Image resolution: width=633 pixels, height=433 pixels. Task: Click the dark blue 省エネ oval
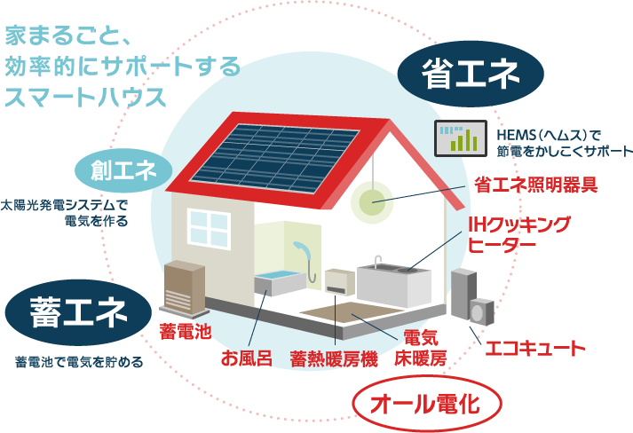click(471, 74)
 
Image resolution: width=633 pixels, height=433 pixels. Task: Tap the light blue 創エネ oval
click(123, 170)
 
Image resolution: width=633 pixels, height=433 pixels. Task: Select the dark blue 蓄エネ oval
click(79, 312)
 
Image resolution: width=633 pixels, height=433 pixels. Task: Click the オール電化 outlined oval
click(427, 404)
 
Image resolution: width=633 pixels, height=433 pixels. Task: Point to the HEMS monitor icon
click(461, 138)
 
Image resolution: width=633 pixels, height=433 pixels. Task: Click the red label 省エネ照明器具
click(535, 185)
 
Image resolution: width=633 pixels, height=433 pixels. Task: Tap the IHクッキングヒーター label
click(519, 235)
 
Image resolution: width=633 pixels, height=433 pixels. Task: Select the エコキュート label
click(534, 349)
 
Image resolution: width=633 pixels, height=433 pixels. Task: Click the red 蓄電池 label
click(186, 331)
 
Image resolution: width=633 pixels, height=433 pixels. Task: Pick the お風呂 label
click(246, 358)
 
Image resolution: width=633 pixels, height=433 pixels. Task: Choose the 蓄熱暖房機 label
click(334, 358)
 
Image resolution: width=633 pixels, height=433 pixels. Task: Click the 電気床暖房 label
click(421, 348)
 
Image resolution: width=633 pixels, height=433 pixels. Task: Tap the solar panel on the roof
click(276, 158)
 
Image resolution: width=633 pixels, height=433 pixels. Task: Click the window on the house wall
click(210, 228)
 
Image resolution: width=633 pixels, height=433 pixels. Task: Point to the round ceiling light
click(372, 201)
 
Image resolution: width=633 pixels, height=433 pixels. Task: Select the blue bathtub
click(280, 281)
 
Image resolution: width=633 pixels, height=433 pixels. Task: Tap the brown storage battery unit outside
click(185, 287)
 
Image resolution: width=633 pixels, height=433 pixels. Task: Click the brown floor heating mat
click(351, 312)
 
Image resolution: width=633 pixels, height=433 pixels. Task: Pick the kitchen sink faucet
click(377, 262)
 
